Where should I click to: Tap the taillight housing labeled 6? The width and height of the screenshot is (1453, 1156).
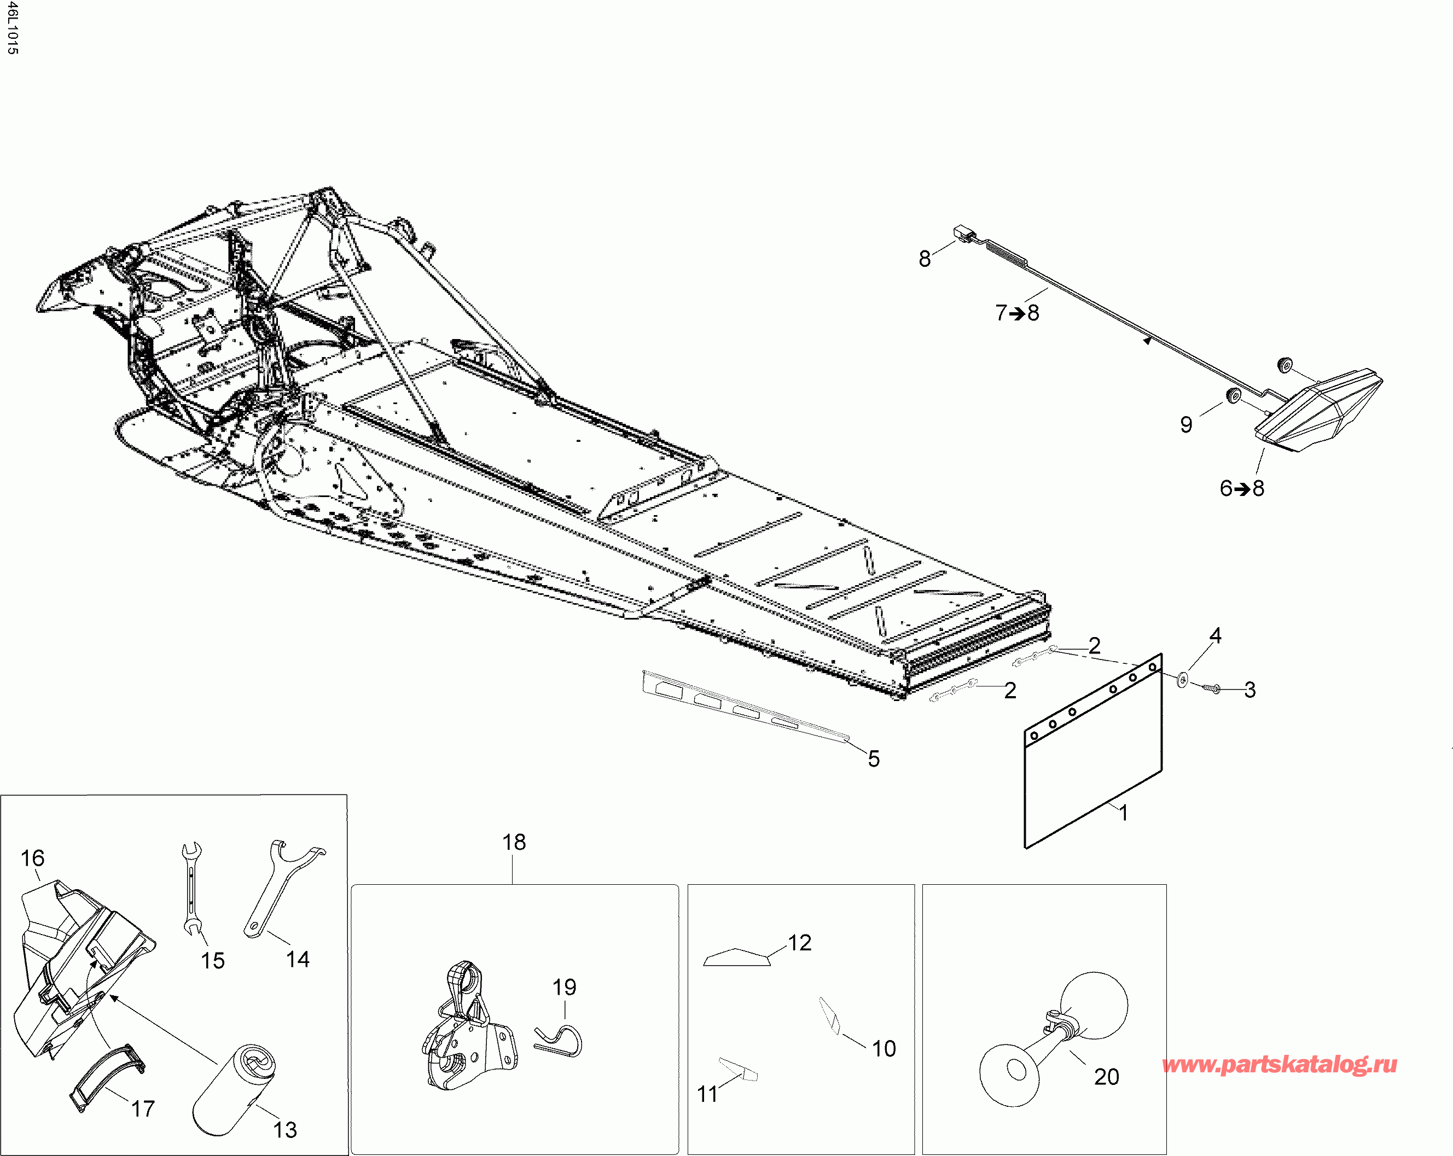(1317, 411)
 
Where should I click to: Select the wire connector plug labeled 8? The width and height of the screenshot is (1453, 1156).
(967, 235)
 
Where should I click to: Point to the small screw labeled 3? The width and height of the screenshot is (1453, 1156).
(1211, 688)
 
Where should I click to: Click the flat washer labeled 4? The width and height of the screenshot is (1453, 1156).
(1183, 679)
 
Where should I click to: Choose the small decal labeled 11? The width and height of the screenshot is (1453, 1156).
(739, 1069)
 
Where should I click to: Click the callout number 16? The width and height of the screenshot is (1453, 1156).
(32, 858)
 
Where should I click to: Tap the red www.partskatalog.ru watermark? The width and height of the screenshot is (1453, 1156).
(1279, 1064)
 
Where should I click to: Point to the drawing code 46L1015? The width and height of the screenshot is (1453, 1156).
(12, 28)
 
